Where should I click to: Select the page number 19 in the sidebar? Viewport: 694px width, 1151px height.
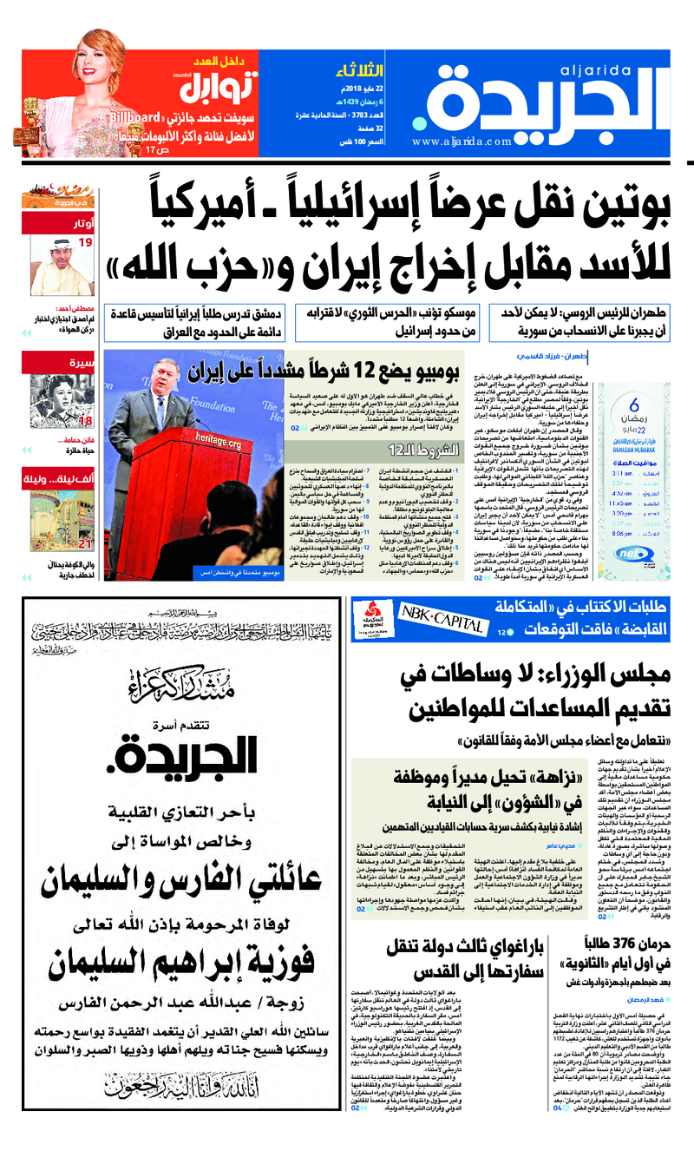pyautogui.click(x=85, y=242)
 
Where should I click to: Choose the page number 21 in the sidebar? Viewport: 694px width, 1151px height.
pyautogui.click(x=85, y=544)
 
